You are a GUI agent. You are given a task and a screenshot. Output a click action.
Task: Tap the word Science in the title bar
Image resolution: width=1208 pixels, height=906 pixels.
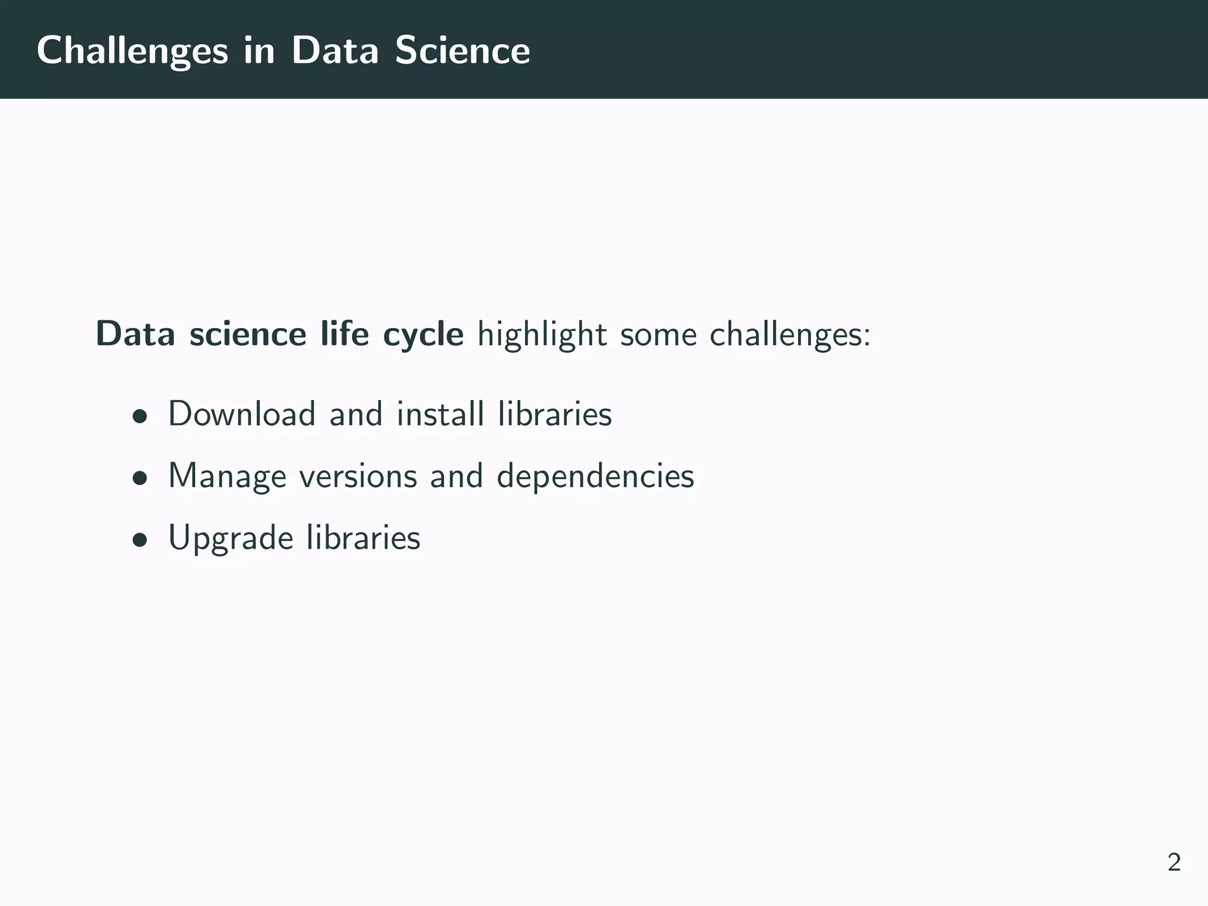coord(462,51)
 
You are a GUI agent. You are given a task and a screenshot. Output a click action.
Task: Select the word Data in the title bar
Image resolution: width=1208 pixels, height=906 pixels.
coord(334,51)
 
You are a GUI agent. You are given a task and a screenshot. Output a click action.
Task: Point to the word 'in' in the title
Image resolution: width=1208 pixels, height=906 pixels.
coord(259,51)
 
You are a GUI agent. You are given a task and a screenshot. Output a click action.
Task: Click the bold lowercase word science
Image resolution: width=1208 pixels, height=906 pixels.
coord(248,334)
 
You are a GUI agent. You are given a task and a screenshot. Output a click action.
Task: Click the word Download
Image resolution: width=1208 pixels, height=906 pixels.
coord(242,414)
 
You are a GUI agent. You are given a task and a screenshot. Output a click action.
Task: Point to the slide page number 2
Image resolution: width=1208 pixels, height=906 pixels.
coord(1174,863)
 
